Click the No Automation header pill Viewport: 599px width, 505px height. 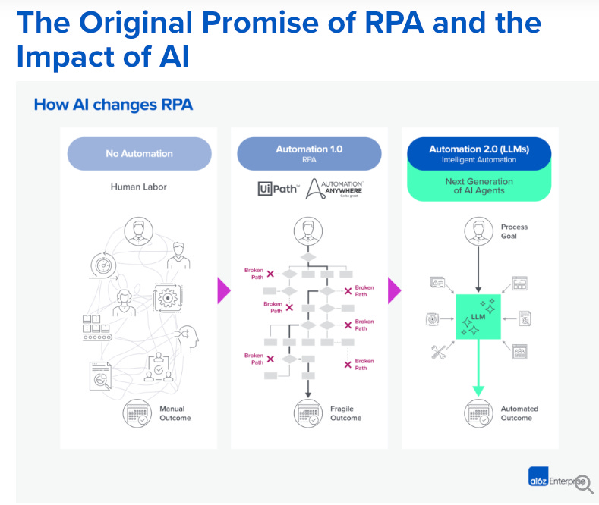(139, 153)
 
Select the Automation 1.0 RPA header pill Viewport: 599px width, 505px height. (309, 153)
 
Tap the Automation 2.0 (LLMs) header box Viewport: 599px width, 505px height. (479, 154)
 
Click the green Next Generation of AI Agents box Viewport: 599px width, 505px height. (479, 186)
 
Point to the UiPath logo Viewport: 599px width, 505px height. (278, 190)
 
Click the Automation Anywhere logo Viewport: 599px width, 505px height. (335, 189)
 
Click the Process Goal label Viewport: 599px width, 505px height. (514, 231)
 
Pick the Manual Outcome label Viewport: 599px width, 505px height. (175, 413)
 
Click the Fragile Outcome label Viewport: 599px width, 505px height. (345, 413)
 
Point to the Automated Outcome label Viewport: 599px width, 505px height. (519, 413)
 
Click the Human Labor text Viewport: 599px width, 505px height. (139, 187)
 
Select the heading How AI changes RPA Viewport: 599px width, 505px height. (113, 105)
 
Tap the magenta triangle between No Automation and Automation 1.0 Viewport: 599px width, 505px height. (223, 290)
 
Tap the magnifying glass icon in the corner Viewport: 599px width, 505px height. (585, 484)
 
